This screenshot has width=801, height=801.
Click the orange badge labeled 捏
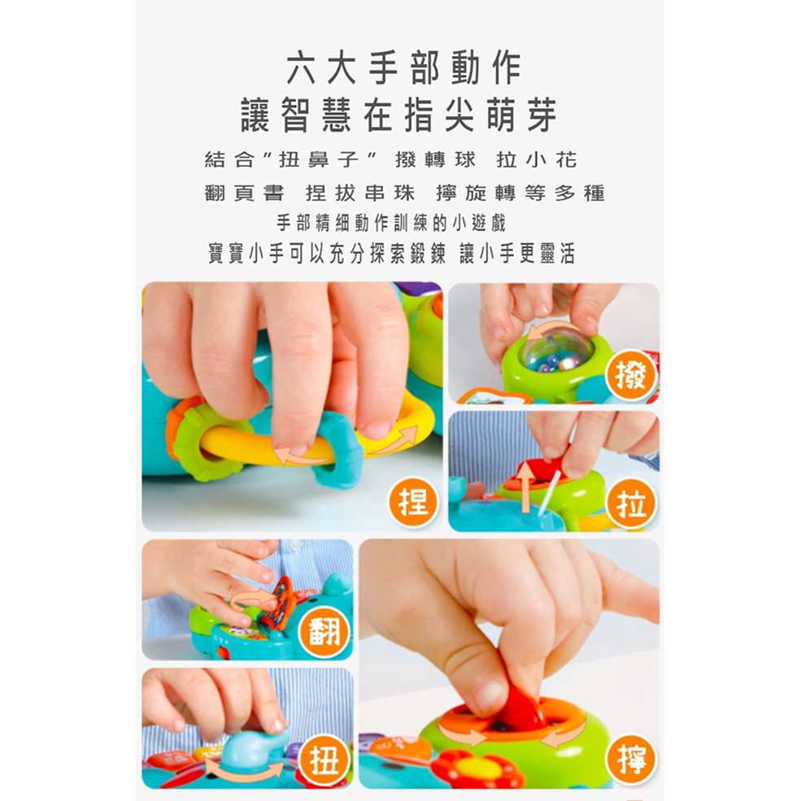[413, 503]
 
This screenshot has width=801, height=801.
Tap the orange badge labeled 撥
[631, 374]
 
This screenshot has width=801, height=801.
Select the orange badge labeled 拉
[631, 503]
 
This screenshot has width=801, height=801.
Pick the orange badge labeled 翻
[324, 633]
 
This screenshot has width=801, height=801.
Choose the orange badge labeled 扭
[324, 760]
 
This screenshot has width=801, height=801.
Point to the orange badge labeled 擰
[631, 760]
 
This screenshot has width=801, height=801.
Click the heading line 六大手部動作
[403, 68]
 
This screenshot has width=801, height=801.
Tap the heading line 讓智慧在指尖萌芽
[399, 115]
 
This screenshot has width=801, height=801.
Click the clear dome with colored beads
[558, 350]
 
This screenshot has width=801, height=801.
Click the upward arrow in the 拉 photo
[525, 489]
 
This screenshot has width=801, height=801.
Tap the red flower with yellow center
[479, 768]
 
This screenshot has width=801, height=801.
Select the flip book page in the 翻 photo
[280, 602]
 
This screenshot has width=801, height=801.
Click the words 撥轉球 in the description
[435, 160]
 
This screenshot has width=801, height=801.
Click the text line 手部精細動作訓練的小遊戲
[391, 224]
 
